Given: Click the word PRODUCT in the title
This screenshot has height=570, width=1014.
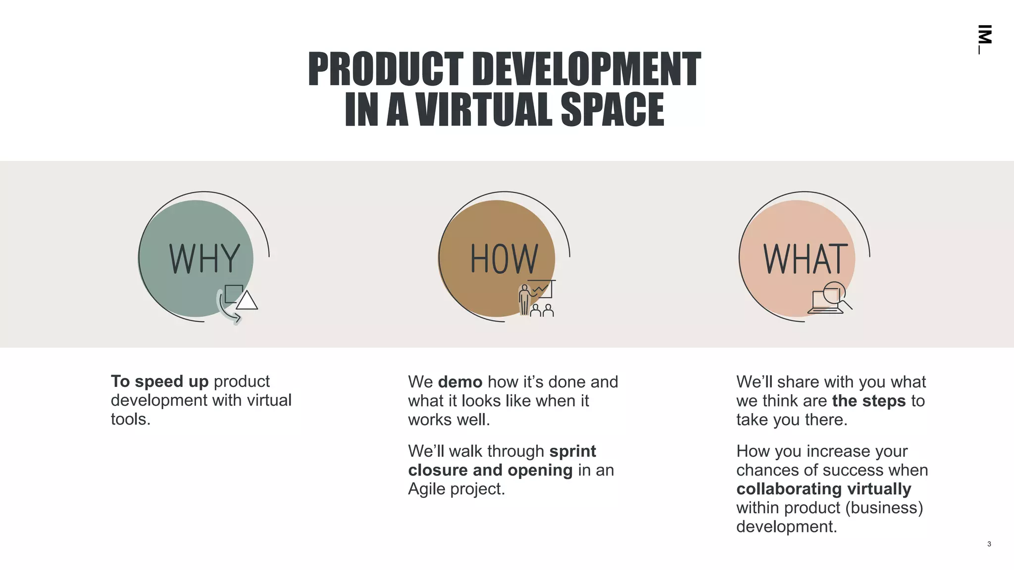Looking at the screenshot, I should tap(385, 69).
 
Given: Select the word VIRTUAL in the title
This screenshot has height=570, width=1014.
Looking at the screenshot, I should tap(484, 109).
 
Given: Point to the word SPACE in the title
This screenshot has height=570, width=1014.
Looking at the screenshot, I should tap(612, 109).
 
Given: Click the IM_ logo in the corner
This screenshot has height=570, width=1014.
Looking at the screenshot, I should tap(984, 39).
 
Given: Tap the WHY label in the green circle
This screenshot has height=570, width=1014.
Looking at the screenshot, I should tap(204, 258).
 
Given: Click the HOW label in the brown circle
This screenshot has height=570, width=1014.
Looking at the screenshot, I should tap(504, 258).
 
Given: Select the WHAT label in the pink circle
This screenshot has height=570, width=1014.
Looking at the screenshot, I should tap(805, 258).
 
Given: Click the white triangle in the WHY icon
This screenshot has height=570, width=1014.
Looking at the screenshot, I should tap(247, 301).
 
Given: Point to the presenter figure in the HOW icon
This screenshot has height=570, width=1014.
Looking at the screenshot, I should tap(524, 300).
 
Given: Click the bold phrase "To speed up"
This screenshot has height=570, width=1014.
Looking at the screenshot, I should tap(159, 381).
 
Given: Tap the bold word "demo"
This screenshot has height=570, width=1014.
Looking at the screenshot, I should tap(460, 382).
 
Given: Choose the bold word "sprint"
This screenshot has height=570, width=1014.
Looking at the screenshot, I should tap(572, 451).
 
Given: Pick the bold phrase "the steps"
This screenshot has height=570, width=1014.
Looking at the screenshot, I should tap(868, 401).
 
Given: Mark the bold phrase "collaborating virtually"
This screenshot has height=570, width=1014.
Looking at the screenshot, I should tap(823, 489).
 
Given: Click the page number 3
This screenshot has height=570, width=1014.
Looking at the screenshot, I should tap(989, 544).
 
